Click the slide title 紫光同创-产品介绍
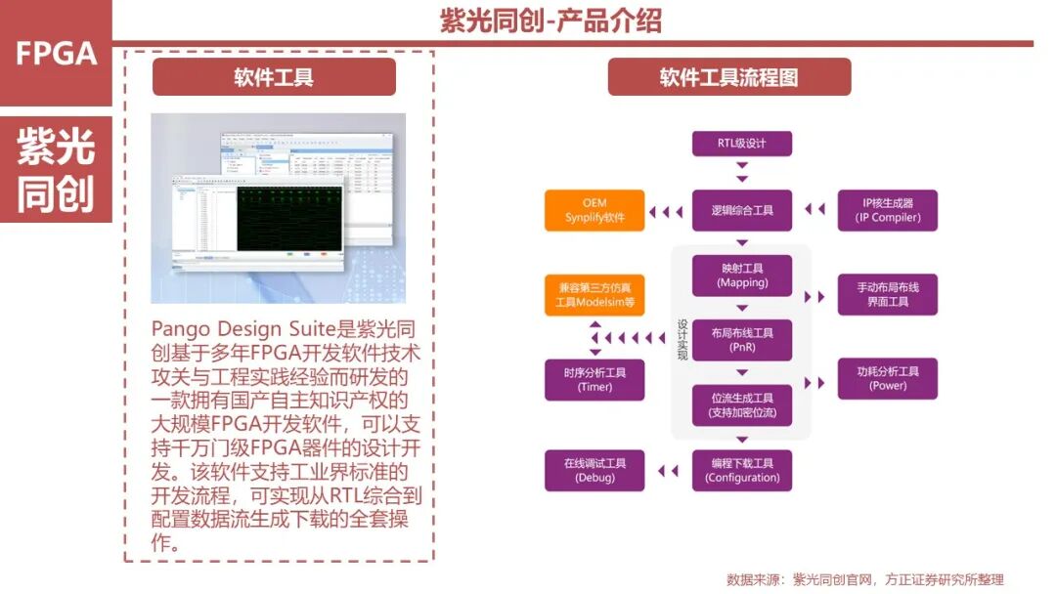(x=550, y=21)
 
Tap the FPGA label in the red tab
(x=56, y=54)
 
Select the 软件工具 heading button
(x=274, y=77)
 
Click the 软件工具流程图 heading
(x=728, y=77)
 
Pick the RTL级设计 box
(x=741, y=144)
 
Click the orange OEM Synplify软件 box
(x=594, y=210)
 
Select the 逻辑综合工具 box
(x=741, y=210)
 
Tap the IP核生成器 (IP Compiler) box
(x=888, y=210)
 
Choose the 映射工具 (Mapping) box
(x=741, y=276)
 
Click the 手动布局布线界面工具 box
(x=888, y=294)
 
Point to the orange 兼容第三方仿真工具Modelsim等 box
(x=594, y=294)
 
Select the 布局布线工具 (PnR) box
(x=741, y=340)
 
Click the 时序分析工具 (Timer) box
(x=594, y=379)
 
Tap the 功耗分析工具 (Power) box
(x=888, y=379)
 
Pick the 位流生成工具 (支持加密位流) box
(x=741, y=405)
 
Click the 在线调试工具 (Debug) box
(x=594, y=470)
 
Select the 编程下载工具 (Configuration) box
(x=741, y=470)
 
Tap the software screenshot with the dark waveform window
(x=278, y=207)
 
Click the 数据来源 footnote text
(x=864, y=579)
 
